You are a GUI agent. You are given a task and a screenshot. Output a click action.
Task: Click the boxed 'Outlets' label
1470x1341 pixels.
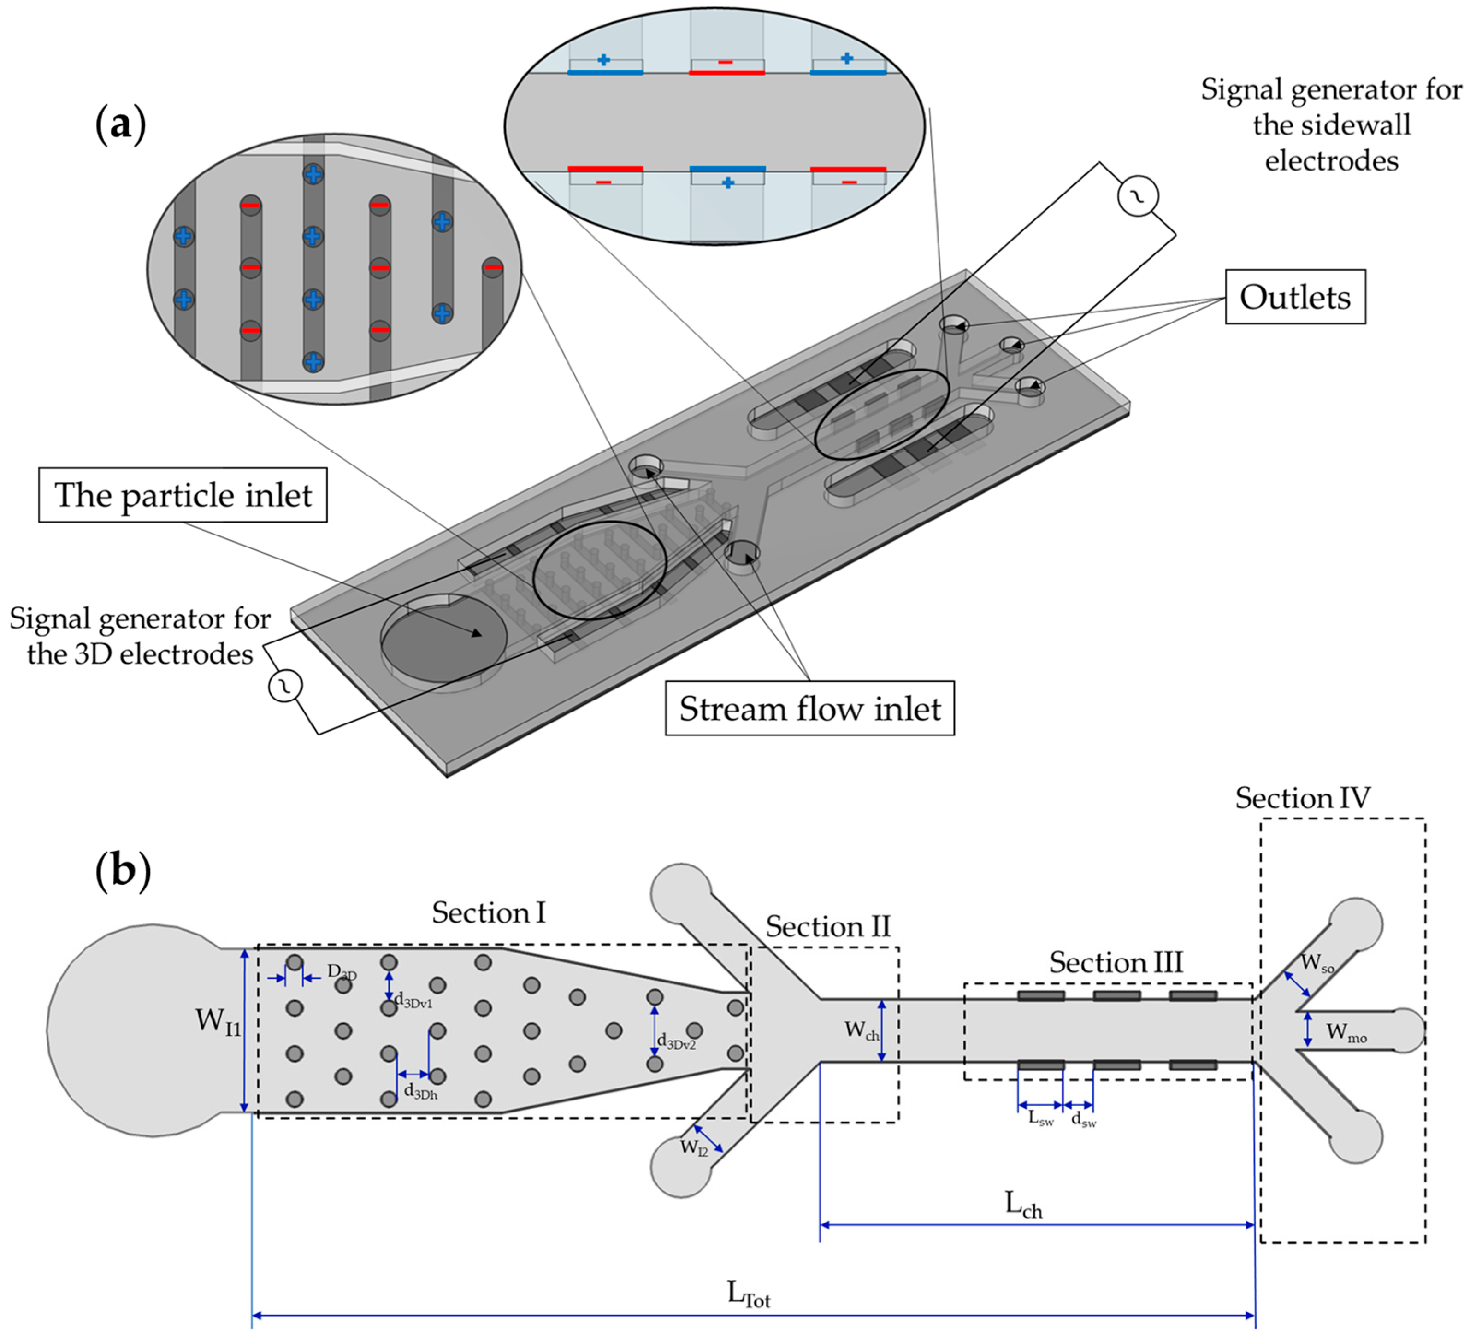(1294, 297)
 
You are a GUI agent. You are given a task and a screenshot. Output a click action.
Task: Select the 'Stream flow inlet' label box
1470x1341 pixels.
(809, 708)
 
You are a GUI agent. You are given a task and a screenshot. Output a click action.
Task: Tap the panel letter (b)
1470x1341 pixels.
(123, 870)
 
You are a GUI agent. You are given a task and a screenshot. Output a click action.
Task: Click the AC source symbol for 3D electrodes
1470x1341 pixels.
(285, 686)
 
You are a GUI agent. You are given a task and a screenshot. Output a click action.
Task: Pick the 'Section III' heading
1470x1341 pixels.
(1116, 963)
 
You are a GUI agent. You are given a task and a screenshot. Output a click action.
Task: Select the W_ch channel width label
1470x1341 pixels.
(861, 1030)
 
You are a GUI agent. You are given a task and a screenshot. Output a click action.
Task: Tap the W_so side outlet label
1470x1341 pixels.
(1317, 964)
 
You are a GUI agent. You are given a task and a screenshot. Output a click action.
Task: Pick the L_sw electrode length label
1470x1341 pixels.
(1040, 1118)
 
